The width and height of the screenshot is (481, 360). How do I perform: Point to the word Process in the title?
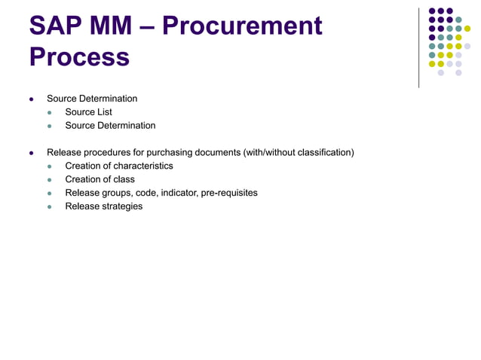(x=79, y=56)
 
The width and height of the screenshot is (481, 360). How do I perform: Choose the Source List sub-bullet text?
(x=88, y=112)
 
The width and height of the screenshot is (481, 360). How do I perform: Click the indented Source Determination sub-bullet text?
(x=110, y=126)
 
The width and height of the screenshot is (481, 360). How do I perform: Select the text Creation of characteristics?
(x=119, y=166)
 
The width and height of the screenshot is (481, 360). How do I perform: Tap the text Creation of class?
(x=100, y=179)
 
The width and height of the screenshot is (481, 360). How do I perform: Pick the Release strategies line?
(x=103, y=206)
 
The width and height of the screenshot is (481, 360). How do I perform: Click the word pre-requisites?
(x=228, y=193)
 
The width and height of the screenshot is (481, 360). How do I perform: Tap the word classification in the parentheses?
(x=323, y=152)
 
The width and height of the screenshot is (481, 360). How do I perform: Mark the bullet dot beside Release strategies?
(x=51, y=207)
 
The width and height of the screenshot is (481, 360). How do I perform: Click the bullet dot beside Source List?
(x=51, y=113)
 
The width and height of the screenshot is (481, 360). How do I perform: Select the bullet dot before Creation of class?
(x=51, y=180)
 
